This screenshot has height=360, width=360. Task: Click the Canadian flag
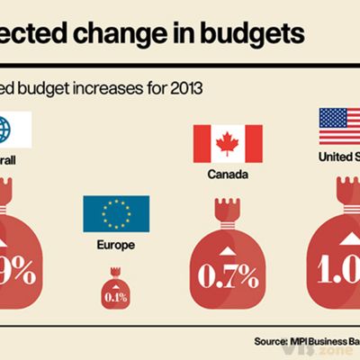pos(228,144)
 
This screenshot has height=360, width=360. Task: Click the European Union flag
pos(116,213)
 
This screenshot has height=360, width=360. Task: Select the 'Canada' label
pos(228,175)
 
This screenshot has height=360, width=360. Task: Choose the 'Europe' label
pos(115,244)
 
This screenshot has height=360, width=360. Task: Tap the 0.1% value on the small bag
pos(114,296)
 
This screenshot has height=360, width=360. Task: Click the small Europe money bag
pos(114,289)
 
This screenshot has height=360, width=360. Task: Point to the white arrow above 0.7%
pos(228,248)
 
